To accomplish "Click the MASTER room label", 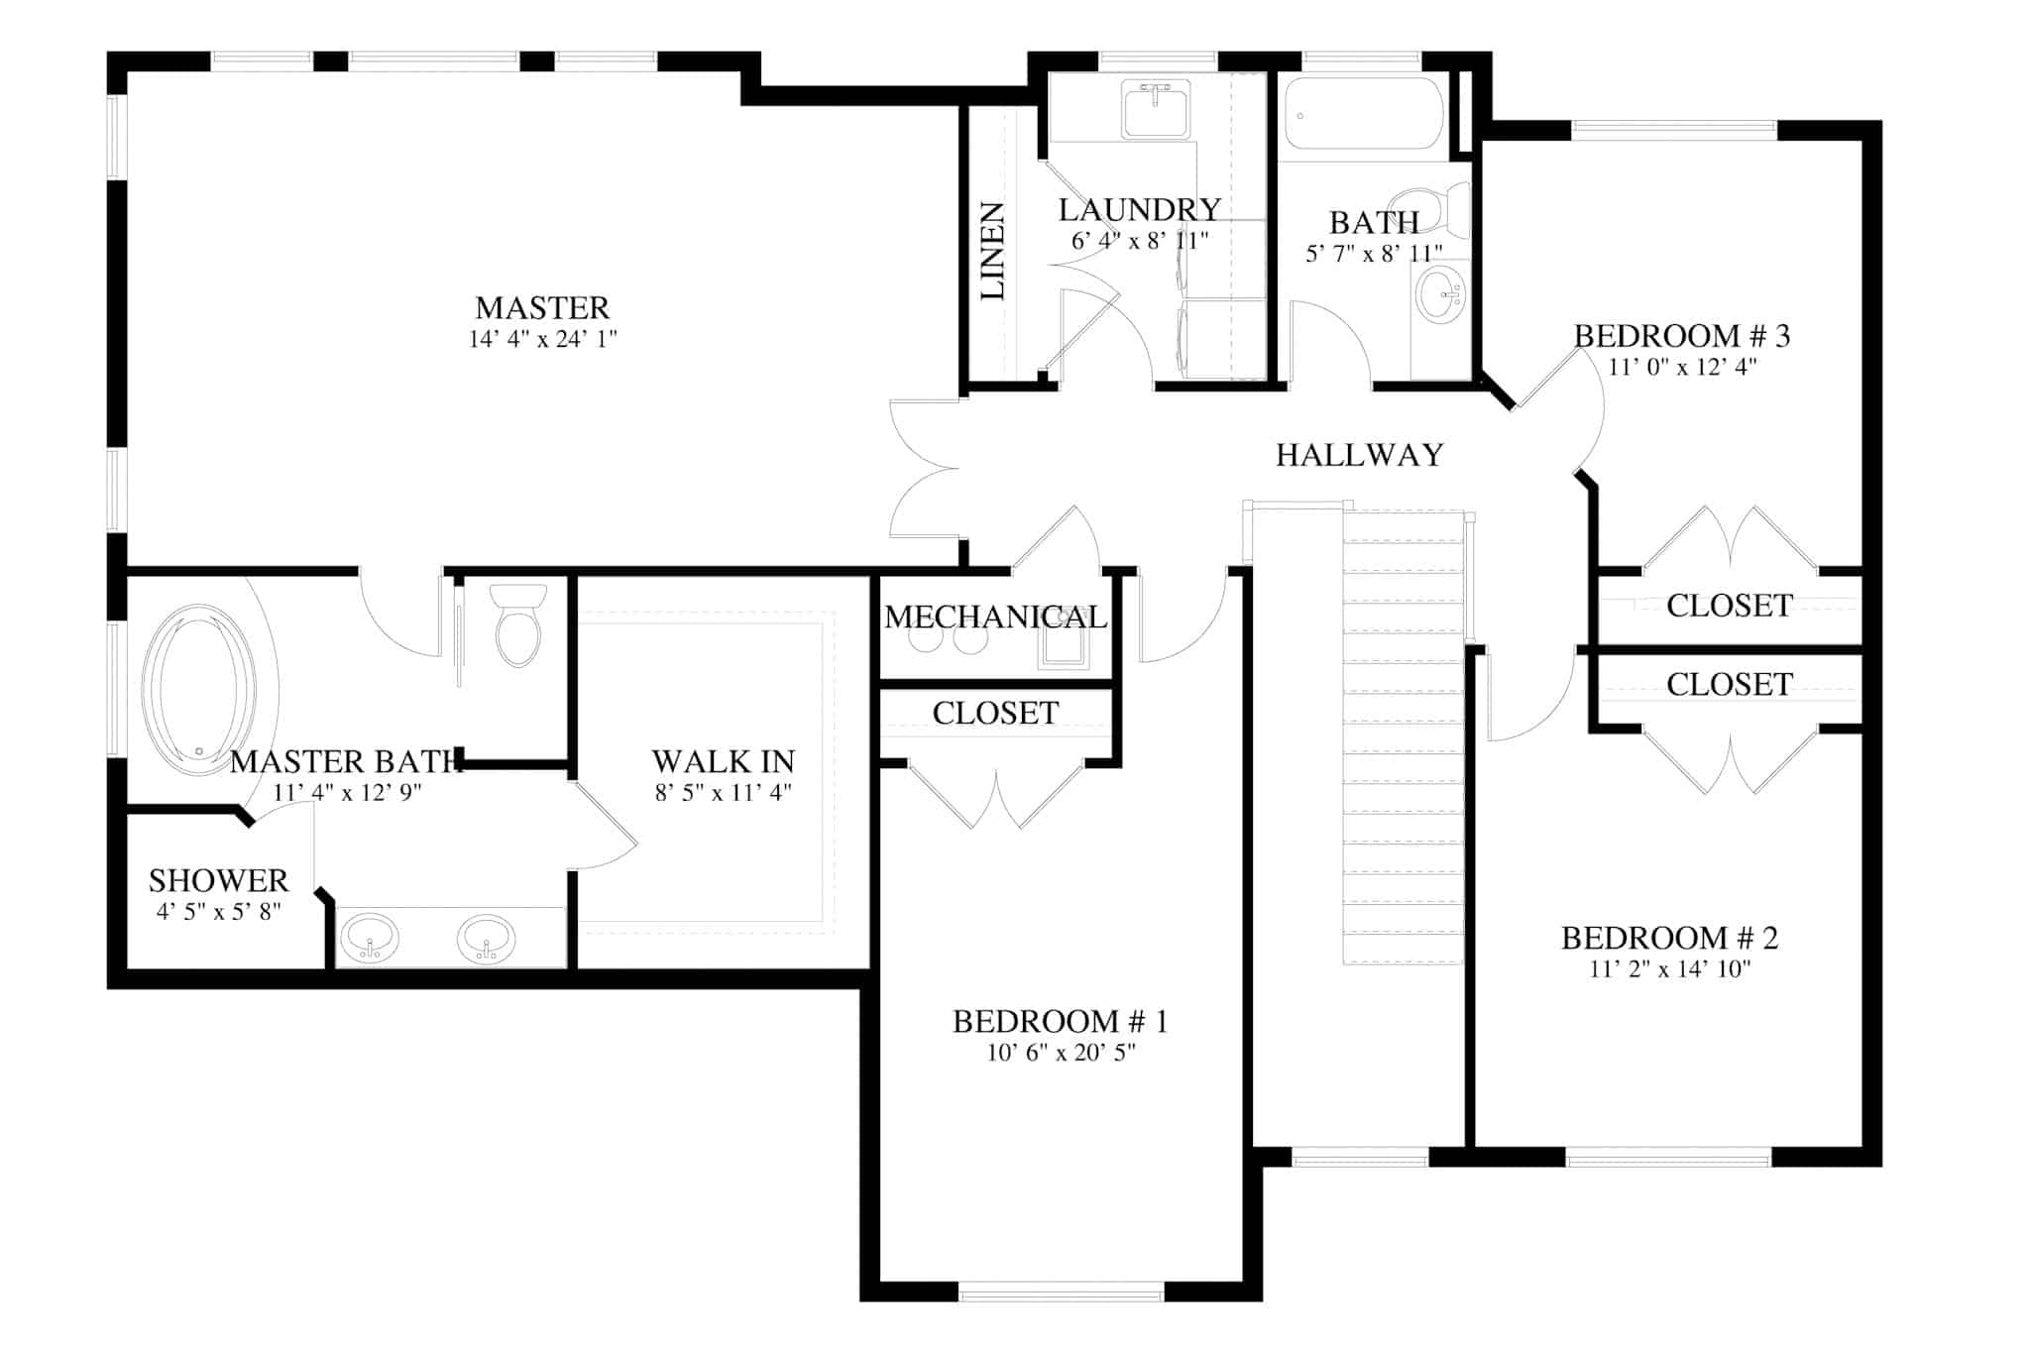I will [542, 307].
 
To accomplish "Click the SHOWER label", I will [218, 880].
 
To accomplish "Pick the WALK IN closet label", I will [723, 761].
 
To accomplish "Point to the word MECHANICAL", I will [994, 618].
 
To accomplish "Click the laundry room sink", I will [1156, 110].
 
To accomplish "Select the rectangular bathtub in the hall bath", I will [1365, 114].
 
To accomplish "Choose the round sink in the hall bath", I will [1440, 294].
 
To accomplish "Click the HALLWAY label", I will [1359, 455].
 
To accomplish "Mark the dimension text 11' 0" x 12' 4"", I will [1682, 367].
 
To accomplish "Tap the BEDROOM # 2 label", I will [1669, 938].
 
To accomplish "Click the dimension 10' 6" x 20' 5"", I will [1061, 1053].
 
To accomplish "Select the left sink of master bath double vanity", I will [369, 937].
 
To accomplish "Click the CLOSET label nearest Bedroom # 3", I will [1729, 606].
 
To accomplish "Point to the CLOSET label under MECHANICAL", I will [994, 713].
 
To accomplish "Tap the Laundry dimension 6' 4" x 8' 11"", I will [1139, 241].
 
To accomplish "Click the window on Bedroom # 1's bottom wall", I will [1061, 1292].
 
